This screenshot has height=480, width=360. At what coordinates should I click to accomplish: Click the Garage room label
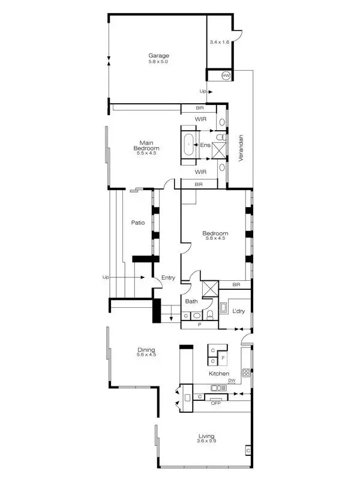click(x=159, y=56)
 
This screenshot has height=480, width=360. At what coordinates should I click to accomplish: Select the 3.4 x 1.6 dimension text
click(x=219, y=43)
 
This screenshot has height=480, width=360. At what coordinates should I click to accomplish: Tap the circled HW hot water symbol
click(x=226, y=75)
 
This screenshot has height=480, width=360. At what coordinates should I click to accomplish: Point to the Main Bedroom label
click(x=146, y=145)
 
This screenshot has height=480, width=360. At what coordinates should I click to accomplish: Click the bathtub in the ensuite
click(x=189, y=145)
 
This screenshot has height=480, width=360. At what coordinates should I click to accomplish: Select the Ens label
click(x=206, y=145)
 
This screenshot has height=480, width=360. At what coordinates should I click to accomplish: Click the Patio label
click(x=137, y=223)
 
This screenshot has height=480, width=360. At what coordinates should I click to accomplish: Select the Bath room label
click(x=191, y=301)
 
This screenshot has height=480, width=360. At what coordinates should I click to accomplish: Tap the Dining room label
click(x=146, y=350)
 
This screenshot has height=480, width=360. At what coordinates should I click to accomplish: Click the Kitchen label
click(x=218, y=374)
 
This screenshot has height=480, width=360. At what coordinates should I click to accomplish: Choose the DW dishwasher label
click(x=231, y=380)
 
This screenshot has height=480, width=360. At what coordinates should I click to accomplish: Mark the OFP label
click(x=216, y=403)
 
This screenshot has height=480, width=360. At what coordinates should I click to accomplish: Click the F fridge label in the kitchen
click(x=223, y=357)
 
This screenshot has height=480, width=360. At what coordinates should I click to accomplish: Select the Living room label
click(x=206, y=436)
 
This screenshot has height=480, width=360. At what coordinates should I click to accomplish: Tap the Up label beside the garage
click(x=203, y=91)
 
